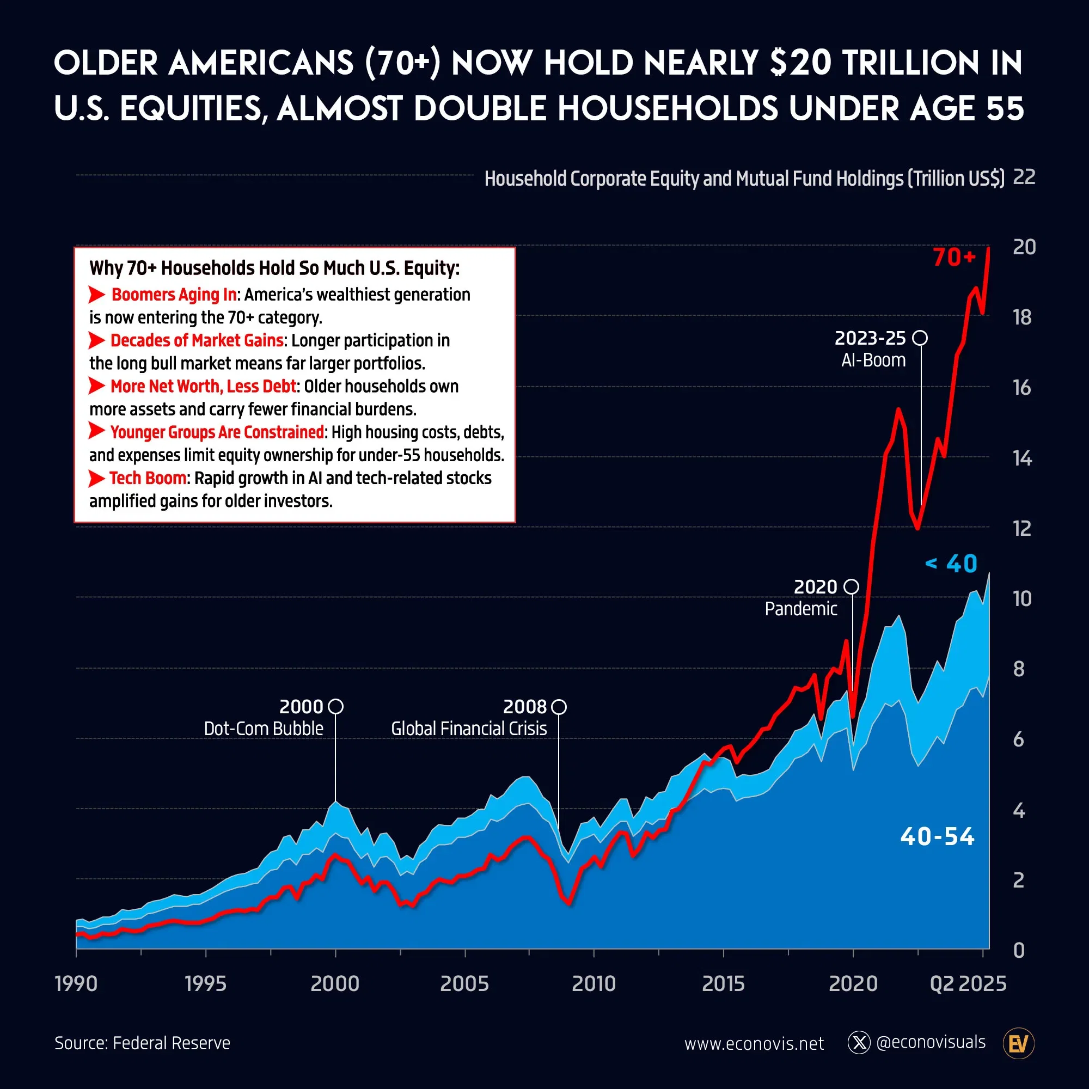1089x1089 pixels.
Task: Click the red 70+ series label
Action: [x=954, y=258]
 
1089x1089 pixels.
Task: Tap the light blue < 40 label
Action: [x=951, y=564]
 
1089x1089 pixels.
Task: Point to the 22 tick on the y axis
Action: [x=1024, y=177]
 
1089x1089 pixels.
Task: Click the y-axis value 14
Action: [x=1022, y=458]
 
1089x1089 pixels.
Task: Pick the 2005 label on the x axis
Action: [x=464, y=983]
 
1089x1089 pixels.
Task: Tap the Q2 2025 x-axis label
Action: [x=968, y=983]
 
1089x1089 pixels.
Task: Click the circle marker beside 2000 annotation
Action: [x=335, y=706]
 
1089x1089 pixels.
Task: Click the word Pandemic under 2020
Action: [x=800, y=609]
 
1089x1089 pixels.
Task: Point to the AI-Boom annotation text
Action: [x=873, y=360]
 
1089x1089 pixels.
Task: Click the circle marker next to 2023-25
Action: [x=920, y=338]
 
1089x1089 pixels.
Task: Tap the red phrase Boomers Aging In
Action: [x=174, y=294]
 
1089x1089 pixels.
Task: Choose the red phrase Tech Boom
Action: [x=148, y=478]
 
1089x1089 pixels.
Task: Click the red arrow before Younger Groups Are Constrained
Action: [x=97, y=431]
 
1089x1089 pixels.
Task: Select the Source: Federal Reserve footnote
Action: [x=143, y=1043]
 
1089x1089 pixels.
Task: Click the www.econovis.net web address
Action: [x=754, y=1044]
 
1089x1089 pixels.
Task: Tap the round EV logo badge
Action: [x=1019, y=1044]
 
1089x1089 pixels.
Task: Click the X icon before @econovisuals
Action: [x=859, y=1043]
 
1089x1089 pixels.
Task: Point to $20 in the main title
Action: [x=800, y=63]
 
